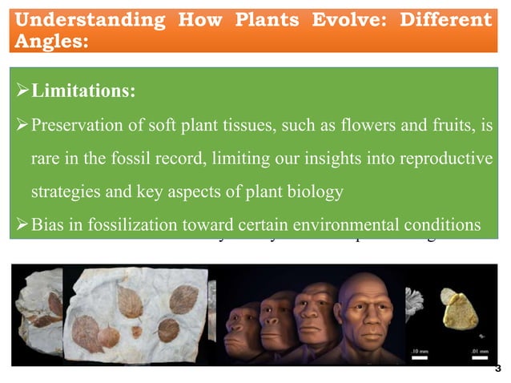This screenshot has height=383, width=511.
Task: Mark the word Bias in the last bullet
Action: pyautogui.click(x=46, y=223)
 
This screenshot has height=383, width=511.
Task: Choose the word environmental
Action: pyautogui.click(x=343, y=223)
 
